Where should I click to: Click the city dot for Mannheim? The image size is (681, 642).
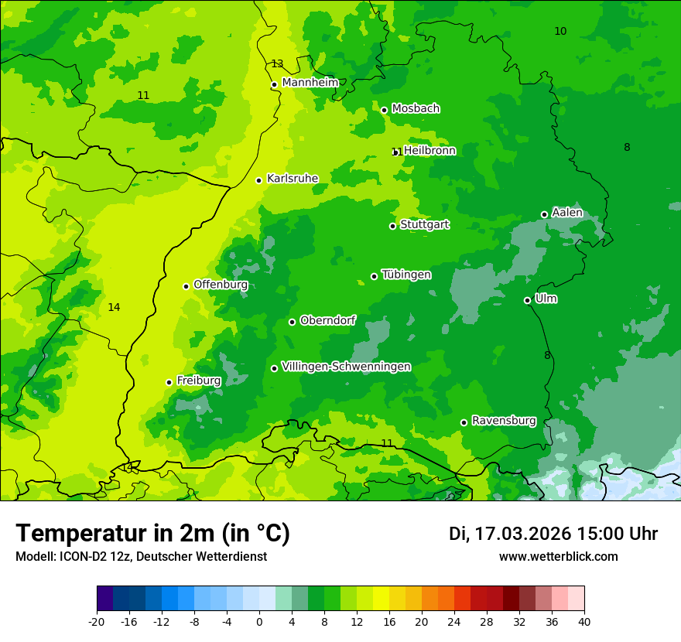pos(274,85)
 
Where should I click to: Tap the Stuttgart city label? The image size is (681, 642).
pos(424,224)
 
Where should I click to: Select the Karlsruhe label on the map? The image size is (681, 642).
pos(292,179)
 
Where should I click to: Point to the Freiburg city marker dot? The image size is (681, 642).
pos(169,382)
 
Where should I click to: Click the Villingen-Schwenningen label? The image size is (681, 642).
pos(346,367)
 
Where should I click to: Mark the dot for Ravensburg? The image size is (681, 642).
pos(464,422)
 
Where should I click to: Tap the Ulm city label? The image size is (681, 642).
pos(546,299)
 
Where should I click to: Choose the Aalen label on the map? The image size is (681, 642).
pos(567,213)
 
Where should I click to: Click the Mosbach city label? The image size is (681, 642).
pos(416,108)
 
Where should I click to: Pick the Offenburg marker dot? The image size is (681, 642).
pos(186,286)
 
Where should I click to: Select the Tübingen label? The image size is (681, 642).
pos(406,275)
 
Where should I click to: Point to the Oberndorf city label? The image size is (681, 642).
pos(327,320)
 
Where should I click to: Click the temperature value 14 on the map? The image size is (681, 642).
pos(114,307)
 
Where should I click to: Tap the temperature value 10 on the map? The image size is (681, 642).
pos(560,31)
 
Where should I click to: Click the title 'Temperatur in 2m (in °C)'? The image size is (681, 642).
pos(152,534)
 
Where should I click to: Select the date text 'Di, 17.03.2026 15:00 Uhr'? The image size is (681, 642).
pos(553,534)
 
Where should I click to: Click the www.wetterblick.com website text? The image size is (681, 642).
pos(558,557)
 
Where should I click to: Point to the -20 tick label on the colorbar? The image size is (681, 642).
pos(97,621)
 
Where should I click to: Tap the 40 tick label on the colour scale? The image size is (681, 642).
pos(583,621)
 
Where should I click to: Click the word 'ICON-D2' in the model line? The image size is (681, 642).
pos(80,557)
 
